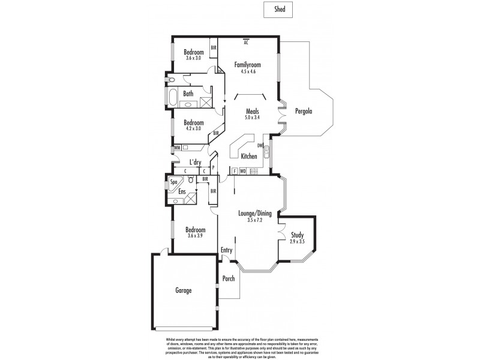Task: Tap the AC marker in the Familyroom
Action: point(247,41)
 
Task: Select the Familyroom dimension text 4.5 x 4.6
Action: point(245,71)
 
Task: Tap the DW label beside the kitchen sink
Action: point(260,145)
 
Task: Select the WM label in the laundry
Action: point(178,147)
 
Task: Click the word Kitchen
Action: point(249,157)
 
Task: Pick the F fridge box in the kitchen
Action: point(235,171)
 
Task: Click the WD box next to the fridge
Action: point(243,171)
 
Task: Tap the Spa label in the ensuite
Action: point(174,181)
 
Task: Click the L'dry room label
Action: point(195,162)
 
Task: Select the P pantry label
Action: point(213,169)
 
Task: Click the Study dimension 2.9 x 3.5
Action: point(298,241)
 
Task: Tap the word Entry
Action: point(226,250)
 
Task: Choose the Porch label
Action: point(229,278)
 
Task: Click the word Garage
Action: point(183,290)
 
